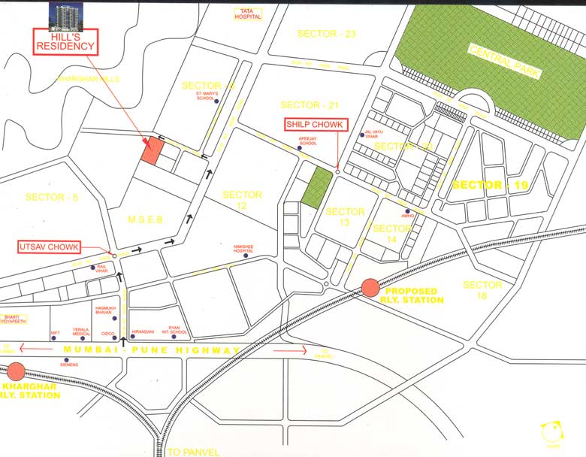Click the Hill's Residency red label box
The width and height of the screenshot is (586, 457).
pyautogui.click(x=66, y=41)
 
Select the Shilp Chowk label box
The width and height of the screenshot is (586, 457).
pyautogui.click(x=310, y=124)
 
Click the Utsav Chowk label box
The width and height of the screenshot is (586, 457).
pyautogui.click(x=48, y=247)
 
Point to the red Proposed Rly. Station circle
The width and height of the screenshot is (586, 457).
pyautogui.click(x=370, y=287)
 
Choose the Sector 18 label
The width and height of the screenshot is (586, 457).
pyautogui.click(x=482, y=291)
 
